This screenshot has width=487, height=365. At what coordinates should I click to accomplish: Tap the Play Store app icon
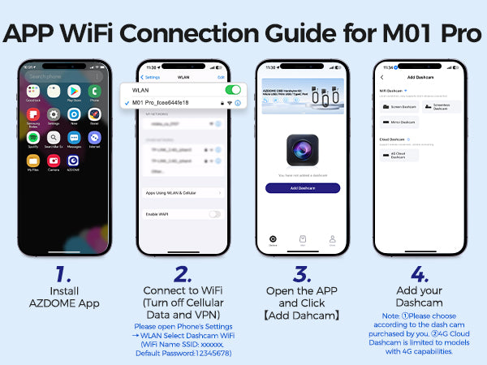74,90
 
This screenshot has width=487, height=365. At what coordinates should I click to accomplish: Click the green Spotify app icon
33,137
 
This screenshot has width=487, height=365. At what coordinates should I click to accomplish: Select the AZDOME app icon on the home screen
74,161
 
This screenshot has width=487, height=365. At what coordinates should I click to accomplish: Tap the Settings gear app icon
54,114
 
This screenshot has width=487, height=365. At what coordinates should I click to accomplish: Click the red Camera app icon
54,161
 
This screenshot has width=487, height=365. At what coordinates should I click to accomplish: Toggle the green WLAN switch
232,90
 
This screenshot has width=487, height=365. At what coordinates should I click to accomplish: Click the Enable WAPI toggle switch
214,213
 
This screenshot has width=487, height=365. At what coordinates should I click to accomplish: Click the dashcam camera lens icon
302,152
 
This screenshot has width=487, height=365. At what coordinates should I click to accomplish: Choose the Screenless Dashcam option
442,106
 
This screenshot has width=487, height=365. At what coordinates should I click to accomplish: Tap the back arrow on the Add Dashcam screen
382,77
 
